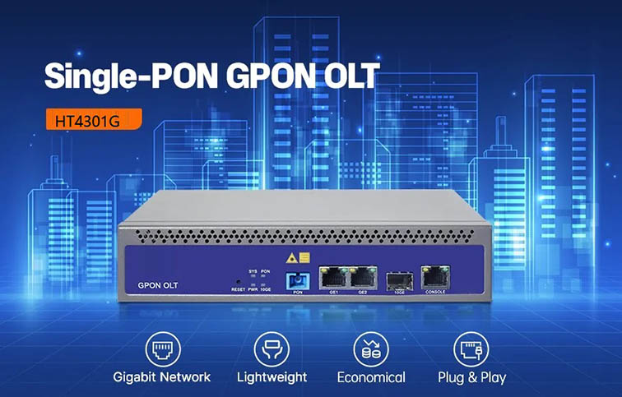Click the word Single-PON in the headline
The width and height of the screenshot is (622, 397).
123,76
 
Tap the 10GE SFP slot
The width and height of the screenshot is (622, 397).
398,280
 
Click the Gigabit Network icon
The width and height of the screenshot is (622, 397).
161,349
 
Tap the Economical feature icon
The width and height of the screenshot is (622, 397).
370,349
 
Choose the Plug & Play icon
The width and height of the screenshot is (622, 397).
471,349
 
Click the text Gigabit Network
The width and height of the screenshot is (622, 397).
162,377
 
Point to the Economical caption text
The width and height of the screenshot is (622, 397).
371,377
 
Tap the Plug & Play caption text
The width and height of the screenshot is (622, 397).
471,377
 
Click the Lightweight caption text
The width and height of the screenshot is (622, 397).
272,377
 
